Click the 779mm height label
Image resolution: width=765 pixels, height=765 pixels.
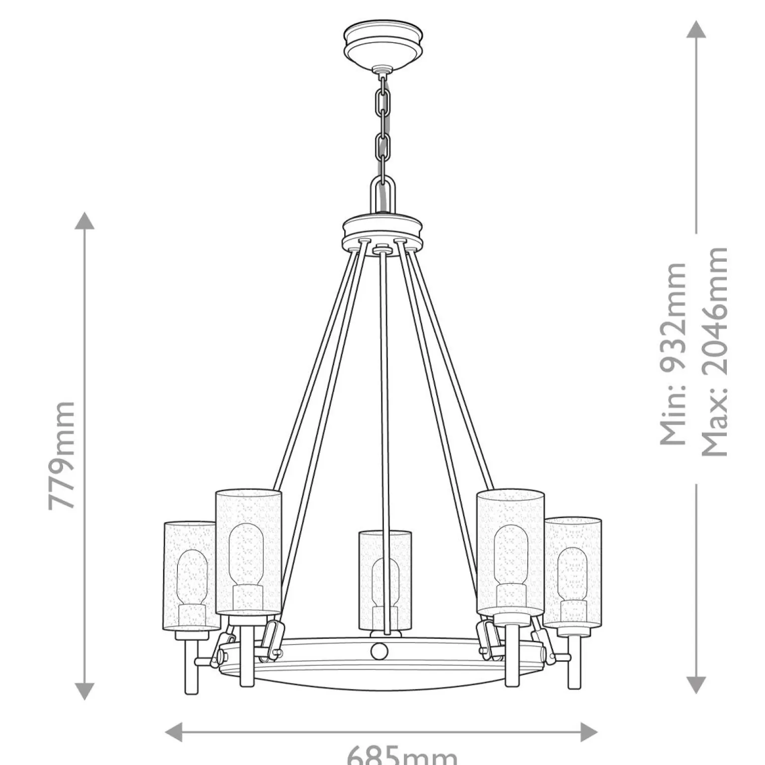tap(63, 456)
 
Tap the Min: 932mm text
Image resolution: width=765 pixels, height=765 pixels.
tap(673, 354)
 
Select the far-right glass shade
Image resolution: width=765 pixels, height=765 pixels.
tap(573, 571)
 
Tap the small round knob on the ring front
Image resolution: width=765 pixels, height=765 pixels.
tap(379, 651)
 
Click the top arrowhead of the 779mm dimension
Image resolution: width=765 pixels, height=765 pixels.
tap(84, 220)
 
